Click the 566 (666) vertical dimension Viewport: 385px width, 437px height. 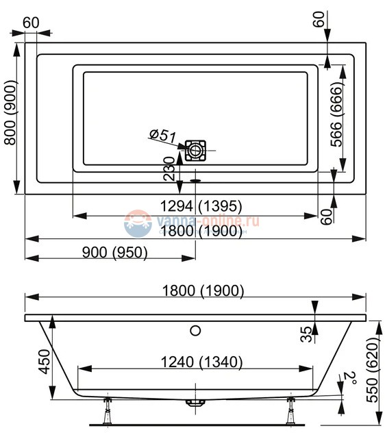click(x=336, y=116)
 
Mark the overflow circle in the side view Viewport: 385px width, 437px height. click(x=195, y=332)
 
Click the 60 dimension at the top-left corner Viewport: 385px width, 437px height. click(x=31, y=22)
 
